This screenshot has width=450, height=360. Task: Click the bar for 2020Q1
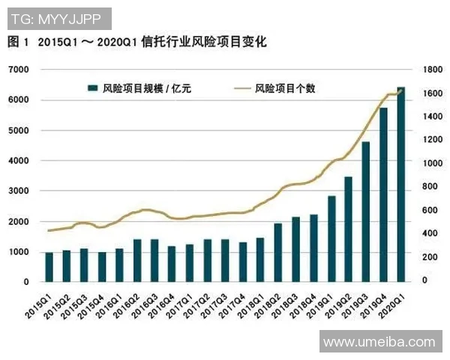[x=400, y=184]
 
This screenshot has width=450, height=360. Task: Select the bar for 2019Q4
[x=383, y=195]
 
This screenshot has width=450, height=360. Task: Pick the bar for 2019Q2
[x=348, y=229]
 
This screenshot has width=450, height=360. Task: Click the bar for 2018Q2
[x=277, y=253]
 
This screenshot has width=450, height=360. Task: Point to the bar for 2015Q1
[x=49, y=267]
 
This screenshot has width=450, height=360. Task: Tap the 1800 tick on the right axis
[x=433, y=70]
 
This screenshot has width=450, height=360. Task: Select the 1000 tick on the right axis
[x=433, y=163]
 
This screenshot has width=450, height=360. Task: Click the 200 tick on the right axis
[x=433, y=257]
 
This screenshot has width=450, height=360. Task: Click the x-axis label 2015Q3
[x=74, y=303]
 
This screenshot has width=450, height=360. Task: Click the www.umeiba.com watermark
[x=379, y=342]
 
